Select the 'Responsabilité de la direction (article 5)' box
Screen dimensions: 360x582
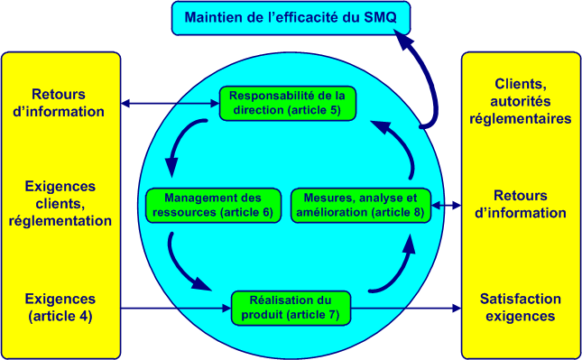289,104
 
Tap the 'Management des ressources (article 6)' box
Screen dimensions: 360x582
213,205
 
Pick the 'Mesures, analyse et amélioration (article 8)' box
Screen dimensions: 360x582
361,205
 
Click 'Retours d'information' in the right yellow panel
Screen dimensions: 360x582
520,204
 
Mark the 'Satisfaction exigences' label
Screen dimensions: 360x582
519,307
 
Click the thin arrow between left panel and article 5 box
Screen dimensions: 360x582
171,104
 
